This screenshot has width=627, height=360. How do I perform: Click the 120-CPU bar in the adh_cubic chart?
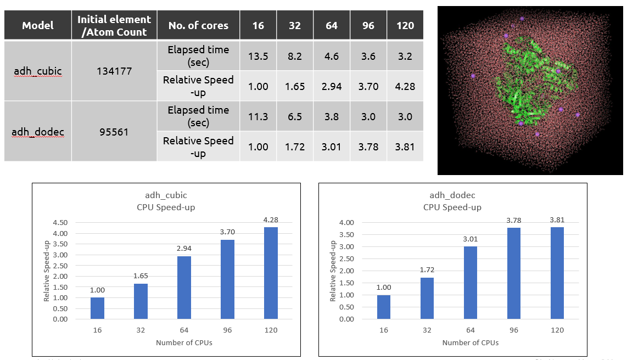[x=271, y=273]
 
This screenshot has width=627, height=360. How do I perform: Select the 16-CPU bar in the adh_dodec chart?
[x=383, y=307]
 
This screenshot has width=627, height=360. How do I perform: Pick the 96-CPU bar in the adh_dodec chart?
[x=513, y=273]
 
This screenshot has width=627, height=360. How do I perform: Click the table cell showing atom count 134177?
[x=114, y=71]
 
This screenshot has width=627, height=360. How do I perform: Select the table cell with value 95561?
[x=114, y=132]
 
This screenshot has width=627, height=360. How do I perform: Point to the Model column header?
[x=37, y=26]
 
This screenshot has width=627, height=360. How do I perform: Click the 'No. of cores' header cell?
[x=198, y=26]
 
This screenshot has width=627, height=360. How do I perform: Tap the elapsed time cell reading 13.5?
[x=259, y=56]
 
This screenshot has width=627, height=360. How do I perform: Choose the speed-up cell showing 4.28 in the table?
[x=405, y=86]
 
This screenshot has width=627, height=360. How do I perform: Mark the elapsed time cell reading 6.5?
[x=295, y=117]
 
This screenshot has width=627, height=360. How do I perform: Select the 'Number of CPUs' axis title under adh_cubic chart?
[x=184, y=343]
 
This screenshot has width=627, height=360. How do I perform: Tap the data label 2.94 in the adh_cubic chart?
[x=184, y=249]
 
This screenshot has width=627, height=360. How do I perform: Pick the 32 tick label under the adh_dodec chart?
[x=427, y=330]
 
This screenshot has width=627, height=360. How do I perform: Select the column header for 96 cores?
[x=368, y=26]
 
